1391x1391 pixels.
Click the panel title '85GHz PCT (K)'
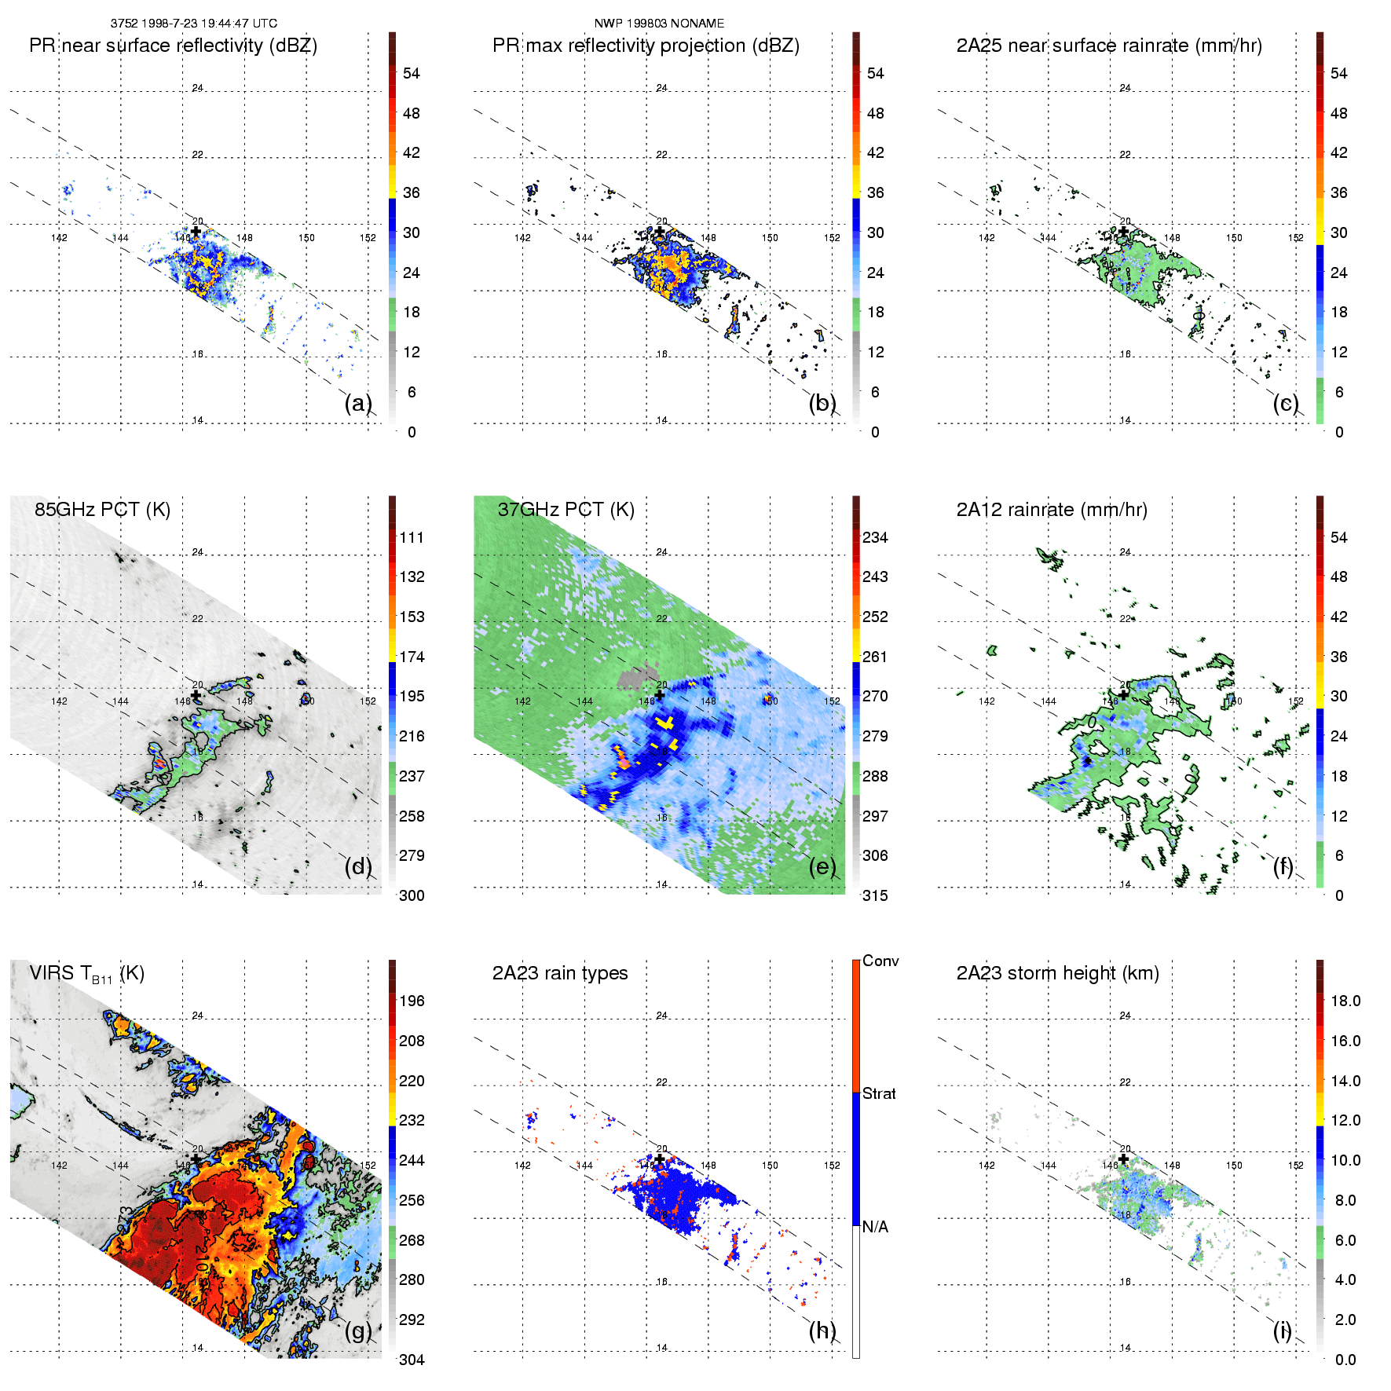click(x=102, y=510)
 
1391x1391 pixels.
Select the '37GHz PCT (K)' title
click(x=566, y=510)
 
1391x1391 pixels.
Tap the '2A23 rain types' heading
click(x=559, y=974)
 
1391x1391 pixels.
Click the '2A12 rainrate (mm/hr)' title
click(x=1052, y=510)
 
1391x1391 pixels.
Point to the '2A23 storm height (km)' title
click(x=1057, y=974)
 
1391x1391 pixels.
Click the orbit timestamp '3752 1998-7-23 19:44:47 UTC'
click(x=193, y=24)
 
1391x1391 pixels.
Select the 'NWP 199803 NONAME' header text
click(x=659, y=24)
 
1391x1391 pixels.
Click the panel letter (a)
click(x=358, y=403)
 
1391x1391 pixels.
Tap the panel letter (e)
click(x=822, y=866)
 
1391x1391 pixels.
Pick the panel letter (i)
click(x=1282, y=1331)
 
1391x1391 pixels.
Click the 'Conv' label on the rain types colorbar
click(x=880, y=961)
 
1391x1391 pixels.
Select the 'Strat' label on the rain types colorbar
click(x=879, y=1094)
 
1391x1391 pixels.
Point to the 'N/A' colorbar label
click(x=875, y=1227)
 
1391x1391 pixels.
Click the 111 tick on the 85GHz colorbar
click(x=412, y=538)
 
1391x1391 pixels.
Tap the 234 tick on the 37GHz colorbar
click(x=875, y=538)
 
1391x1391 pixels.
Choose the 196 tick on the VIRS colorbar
click(x=412, y=1001)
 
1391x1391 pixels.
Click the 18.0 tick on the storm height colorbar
click(x=1345, y=1001)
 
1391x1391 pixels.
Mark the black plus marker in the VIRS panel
click(x=196, y=1159)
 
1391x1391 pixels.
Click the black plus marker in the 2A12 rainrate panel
click(x=1123, y=695)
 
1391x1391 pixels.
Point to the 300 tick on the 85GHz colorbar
click(x=412, y=896)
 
